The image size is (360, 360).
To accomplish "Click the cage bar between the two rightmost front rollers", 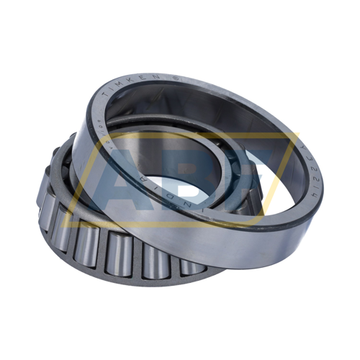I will (x=173, y=264).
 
